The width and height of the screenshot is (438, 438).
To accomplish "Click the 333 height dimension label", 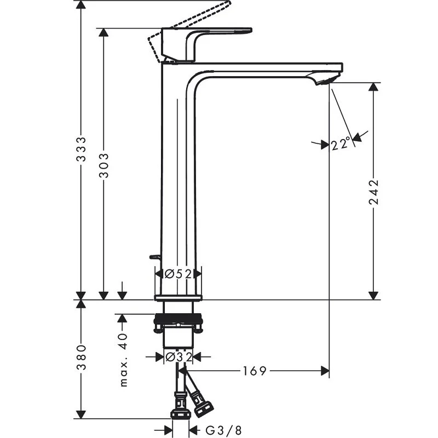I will (x=80, y=149).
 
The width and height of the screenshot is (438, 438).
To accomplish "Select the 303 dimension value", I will (x=103, y=165).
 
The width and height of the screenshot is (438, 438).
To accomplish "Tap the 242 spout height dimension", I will (x=374, y=191).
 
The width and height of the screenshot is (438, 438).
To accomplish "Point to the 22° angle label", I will (x=340, y=144).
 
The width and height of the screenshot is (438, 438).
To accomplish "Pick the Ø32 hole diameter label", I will (x=178, y=357).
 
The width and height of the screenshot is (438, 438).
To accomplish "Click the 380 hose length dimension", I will (x=80, y=357).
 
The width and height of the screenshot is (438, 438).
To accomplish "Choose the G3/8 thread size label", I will (x=223, y=431).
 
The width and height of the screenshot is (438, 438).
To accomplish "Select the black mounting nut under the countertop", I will (x=178, y=319).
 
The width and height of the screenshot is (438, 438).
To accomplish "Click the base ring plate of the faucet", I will (x=178, y=297).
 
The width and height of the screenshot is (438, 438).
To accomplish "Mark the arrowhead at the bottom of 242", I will (x=374, y=295).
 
